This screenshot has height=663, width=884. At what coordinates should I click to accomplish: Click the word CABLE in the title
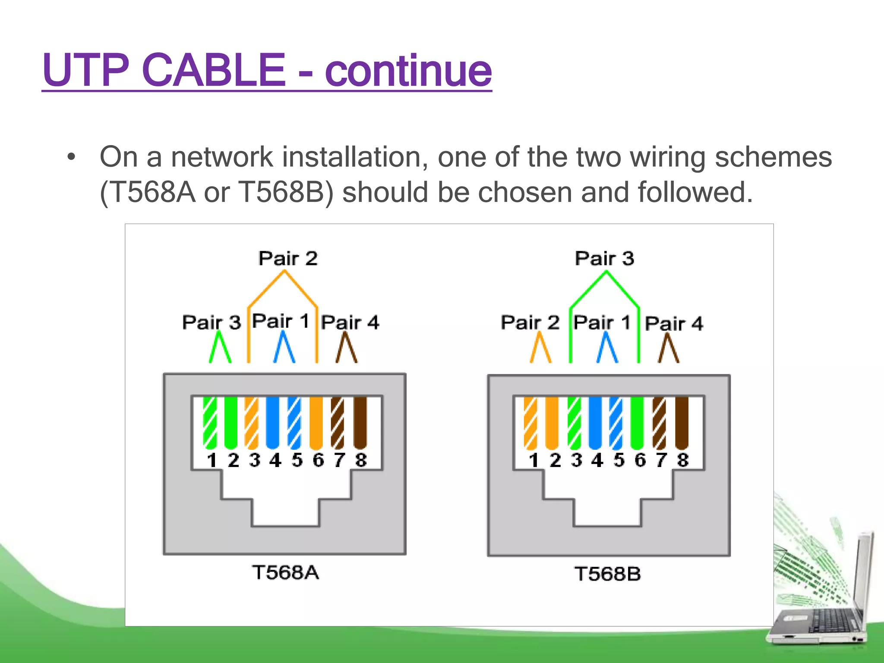point(213,70)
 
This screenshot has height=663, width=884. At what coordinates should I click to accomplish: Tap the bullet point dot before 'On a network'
point(71,157)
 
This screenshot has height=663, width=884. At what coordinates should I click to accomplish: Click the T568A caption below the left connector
point(285,573)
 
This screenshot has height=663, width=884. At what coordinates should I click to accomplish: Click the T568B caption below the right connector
point(607,574)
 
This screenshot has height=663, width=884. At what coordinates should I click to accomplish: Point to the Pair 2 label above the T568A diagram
point(288,259)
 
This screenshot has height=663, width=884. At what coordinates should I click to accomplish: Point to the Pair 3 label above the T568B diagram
point(604,259)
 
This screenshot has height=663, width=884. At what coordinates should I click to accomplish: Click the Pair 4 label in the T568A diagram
point(350,322)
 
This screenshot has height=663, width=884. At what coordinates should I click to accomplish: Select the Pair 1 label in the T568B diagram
point(602,322)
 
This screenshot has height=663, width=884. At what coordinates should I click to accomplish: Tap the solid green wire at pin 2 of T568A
point(231,423)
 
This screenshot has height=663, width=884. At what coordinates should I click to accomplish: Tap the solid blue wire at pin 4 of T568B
point(595,423)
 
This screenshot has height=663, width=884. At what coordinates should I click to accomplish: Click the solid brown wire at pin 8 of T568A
point(360,423)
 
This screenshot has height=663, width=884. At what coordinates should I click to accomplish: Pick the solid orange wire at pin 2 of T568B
point(552,423)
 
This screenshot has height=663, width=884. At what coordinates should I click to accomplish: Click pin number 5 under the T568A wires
point(297,460)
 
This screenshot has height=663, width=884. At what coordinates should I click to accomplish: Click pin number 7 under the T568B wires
point(661,460)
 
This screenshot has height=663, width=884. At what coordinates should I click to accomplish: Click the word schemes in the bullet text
point(773,157)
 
